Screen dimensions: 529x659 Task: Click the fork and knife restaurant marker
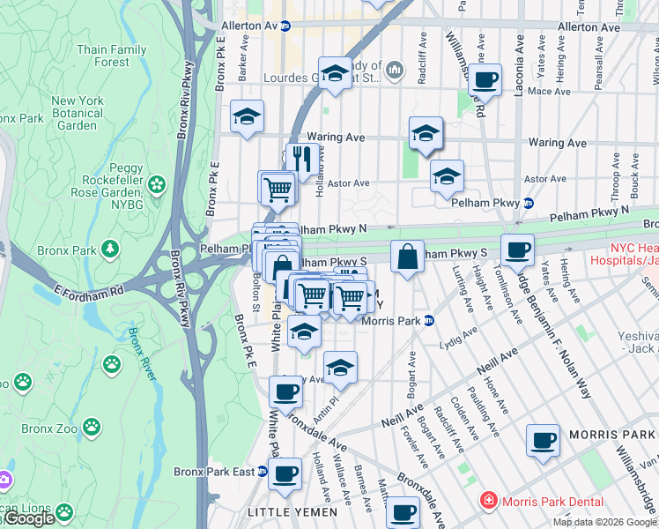(x=301, y=160)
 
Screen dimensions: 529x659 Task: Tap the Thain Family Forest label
(x=111, y=56)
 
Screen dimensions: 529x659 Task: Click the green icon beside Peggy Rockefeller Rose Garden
(x=157, y=184)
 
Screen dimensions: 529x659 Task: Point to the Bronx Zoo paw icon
(x=112, y=362)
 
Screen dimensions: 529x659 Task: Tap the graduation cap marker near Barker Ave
(x=247, y=116)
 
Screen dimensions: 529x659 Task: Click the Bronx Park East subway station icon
(x=262, y=472)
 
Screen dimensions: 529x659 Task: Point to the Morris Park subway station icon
(x=427, y=320)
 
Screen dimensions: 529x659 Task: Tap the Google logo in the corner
(x=29, y=518)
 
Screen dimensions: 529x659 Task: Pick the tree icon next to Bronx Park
(x=109, y=250)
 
